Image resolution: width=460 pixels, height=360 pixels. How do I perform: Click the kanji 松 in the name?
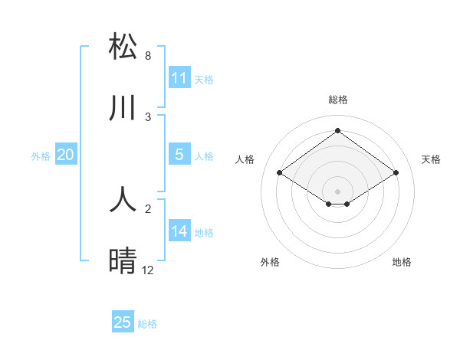(x=123, y=47)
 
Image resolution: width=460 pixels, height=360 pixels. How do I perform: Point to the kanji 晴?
(x=123, y=261)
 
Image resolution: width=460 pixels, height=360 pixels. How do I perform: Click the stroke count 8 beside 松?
(x=148, y=56)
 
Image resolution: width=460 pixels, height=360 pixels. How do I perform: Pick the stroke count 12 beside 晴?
(x=148, y=270)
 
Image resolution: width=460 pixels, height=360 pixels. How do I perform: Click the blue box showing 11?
(x=179, y=78)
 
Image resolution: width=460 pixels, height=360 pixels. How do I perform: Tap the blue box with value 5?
(x=179, y=155)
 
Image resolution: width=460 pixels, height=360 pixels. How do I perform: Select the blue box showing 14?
(x=179, y=231)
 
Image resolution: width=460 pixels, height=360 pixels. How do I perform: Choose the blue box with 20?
(x=65, y=155)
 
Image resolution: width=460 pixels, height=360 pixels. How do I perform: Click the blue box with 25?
(x=123, y=322)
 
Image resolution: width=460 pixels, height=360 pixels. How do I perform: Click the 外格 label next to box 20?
(x=41, y=156)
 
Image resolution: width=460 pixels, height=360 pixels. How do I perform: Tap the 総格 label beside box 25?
(x=147, y=324)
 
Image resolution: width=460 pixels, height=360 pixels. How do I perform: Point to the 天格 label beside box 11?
(x=204, y=80)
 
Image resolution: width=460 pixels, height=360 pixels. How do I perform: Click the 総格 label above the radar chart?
(x=338, y=100)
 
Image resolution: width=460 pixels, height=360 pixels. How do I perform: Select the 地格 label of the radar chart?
(x=402, y=262)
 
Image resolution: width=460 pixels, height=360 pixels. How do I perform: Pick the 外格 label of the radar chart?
(x=270, y=262)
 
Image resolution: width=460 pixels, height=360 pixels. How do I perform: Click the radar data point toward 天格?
(x=396, y=173)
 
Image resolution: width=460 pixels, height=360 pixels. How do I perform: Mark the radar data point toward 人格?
(x=280, y=173)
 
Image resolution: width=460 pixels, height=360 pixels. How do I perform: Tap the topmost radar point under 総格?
(x=337, y=131)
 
